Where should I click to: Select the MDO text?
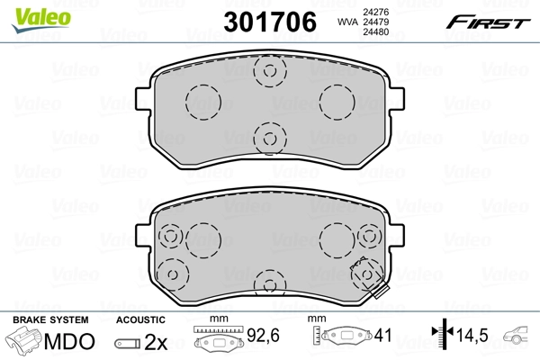[x=71, y=342]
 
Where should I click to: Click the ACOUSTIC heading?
[x=140, y=319]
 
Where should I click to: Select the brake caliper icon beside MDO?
[x=24, y=342]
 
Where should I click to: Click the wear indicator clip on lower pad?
[x=371, y=275]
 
